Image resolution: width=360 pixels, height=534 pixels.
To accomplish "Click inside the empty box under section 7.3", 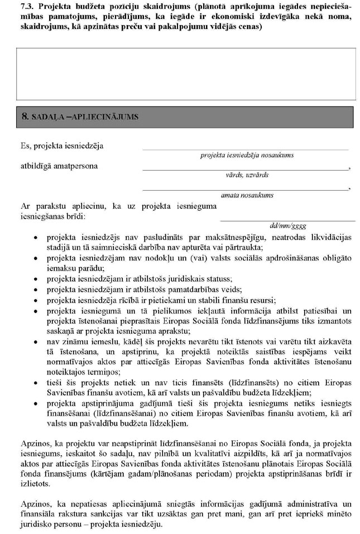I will click(x=186, y=73).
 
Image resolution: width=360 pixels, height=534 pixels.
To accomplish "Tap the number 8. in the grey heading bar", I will click(x=25, y=117).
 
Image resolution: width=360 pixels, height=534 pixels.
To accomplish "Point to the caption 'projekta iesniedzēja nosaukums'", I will click(x=247, y=155).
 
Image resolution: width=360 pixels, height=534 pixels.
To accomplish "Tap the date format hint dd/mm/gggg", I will click(x=288, y=226).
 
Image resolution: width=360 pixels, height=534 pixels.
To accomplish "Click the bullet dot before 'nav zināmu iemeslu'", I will click(x=35, y=340).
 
